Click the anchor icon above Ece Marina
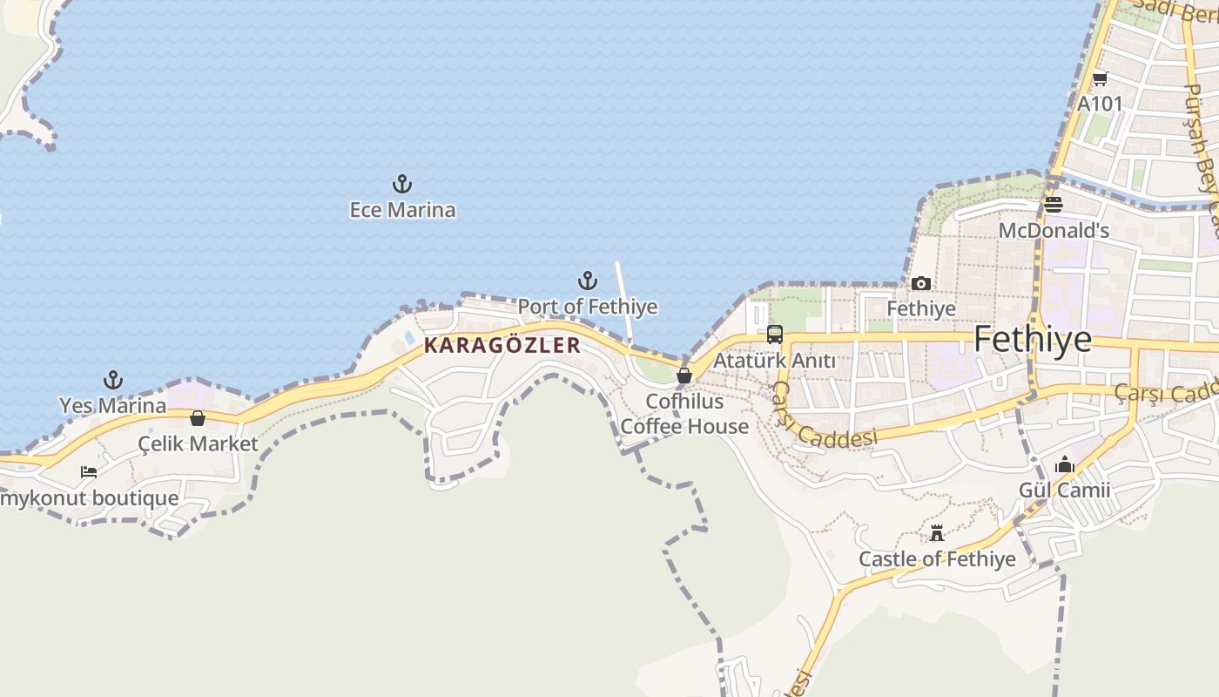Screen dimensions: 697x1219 (x=402, y=184)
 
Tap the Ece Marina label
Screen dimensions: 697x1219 (x=402, y=210)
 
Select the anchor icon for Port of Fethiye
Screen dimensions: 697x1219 (x=588, y=281)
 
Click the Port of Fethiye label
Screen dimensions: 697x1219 (x=588, y=307)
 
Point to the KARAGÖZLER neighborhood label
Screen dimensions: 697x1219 (x=502, y=345)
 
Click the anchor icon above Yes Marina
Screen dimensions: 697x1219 (x=112, y=380)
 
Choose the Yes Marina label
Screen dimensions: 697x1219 (x=112, y=405)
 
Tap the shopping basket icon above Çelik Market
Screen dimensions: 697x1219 (x=198, y=418)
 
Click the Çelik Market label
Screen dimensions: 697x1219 (x=199, y=443)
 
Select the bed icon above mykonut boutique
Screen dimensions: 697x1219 (x=89, y=472)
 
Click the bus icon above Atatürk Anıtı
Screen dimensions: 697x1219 (x=774, y=334)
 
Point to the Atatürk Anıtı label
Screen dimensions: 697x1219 (x=774, y=360)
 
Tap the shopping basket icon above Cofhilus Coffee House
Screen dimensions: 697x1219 (x=684, y=376)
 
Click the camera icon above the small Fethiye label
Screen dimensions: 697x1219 (x=921, y=283)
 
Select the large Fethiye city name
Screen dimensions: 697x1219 (x=1033, y=339)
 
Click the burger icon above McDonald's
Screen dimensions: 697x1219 (x=1054, y=205)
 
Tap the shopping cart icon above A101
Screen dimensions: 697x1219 (x=1100, y=78)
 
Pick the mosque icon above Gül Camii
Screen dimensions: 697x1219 (x=1065, y=465)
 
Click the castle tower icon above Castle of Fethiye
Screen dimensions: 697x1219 (x=937, y=533)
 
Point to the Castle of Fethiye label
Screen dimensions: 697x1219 (x=937, y=558)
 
